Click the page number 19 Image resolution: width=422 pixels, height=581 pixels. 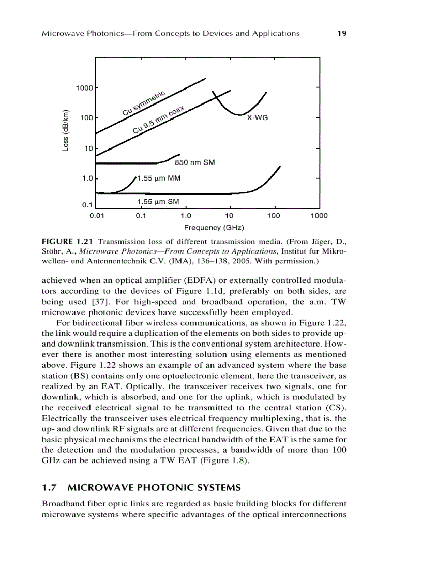click(341, 33)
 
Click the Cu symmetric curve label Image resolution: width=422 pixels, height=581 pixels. click(144, 103)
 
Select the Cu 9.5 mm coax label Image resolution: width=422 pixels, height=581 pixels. click(158, 120)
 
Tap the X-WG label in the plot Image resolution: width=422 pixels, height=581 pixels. click(257, 118)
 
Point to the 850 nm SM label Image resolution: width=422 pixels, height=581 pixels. click(194, 162)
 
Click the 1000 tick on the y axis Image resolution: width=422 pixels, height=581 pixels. click(84, 88)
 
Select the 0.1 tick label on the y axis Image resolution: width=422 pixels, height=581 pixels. click(87, 205)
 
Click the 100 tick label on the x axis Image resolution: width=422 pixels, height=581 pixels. click(274, 215)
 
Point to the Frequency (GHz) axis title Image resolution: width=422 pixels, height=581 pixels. click(214, 228)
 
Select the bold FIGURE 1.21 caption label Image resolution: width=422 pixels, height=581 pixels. click(67, 242)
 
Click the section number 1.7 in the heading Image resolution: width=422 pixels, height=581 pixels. click(49, 487)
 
